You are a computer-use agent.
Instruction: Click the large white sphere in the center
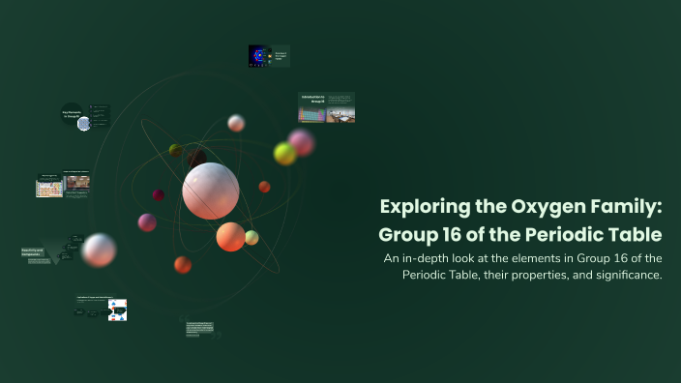tap(211, 191)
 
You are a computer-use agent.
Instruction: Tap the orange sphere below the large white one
tap(230, 236)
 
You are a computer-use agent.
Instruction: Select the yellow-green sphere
tap(284, 154)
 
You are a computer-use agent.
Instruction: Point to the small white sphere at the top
tap(236, 123)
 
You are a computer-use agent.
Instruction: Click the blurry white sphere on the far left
tap(99, 250)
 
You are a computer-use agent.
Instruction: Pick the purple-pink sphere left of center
tap(147, 222)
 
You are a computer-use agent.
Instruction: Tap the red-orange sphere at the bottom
tap(183, 264)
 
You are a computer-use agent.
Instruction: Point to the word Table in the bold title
tap(635, 234)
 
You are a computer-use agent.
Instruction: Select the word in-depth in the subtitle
tap(438, 257)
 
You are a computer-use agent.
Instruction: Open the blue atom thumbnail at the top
tap(258, 56)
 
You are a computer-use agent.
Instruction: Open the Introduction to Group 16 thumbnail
tap(326, 107)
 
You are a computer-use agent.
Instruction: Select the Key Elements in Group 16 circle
tap(73, 115)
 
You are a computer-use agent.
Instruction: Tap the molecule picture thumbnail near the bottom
tap(117, 310)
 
